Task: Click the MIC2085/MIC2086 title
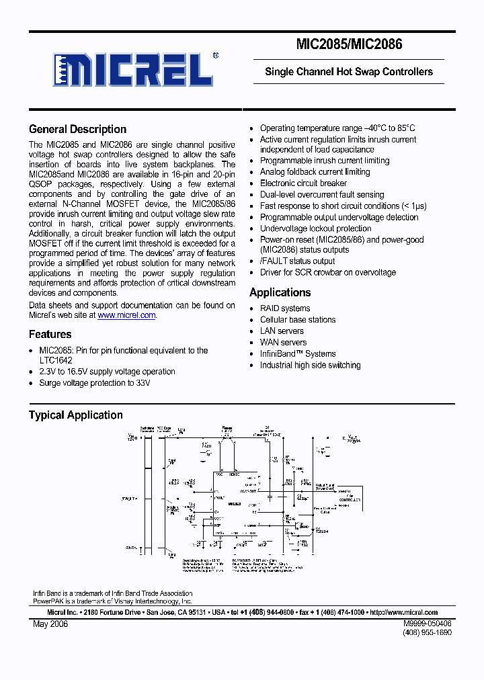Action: pyautogui.click(x=349, y=45)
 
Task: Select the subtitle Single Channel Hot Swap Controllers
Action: pyautogui.click(x=349, y=72)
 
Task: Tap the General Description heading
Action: pyautogui.click(x=77, y=130)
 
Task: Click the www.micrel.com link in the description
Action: pyautogui.click(x=126, y=315)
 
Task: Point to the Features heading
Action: pyautogui.click(x=50, y=335)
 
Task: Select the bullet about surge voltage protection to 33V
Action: pyautogui.click(x=95, y=383)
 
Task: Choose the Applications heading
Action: pyautogui.click(x=280, y=293)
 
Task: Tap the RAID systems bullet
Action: pyautogui.click(x=285, y=308)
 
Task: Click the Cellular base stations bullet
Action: pyautogui.click(x=298, y=320)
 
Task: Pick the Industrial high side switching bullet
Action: pyautogui.click(x=310, y=366)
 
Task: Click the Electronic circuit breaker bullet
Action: pyautogui.click(x=303, y=183)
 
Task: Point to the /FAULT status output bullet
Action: pyautogui.click(x=297, y=261)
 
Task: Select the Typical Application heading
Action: pyautogui.click(x=75, y=415)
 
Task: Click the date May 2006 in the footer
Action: pyautogui.click(x=50, y=624)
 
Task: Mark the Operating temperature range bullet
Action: pyautogui.click(x=337, y=128)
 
